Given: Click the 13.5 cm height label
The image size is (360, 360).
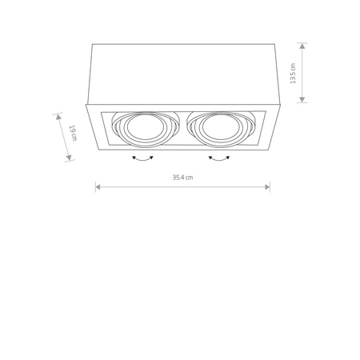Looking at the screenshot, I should (294, 74).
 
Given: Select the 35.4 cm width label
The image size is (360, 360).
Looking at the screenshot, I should (182, 178).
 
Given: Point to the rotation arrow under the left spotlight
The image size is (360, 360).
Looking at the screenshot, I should (142, 160).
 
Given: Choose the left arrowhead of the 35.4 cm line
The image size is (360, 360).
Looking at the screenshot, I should (97, 186).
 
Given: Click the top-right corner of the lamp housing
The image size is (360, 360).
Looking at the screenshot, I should (278, 44).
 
